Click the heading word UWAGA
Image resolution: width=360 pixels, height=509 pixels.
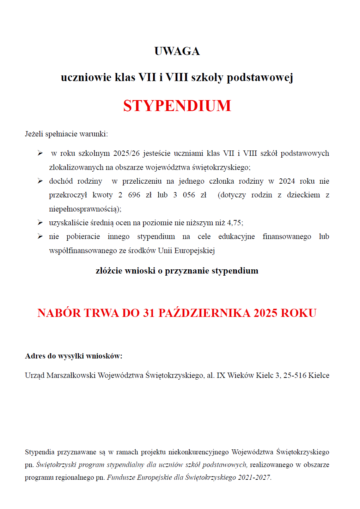click(177, 51)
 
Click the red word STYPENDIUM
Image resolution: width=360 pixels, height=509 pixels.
click(177, 106)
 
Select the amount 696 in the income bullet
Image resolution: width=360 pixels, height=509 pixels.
click(134, 195)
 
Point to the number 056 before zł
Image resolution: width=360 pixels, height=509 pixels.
click(189, 195)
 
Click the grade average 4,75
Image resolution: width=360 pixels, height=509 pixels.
click(234, 223)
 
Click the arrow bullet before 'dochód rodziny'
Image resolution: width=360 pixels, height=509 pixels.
click(40, 181)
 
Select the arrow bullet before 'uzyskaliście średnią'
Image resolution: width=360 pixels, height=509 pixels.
click(40, 223)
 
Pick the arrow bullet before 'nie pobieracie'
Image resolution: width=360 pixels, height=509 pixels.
click(40, 237)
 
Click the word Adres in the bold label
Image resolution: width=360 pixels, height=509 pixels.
click(35, 356)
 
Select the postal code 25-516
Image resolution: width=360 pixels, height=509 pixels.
click(295, 375)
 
